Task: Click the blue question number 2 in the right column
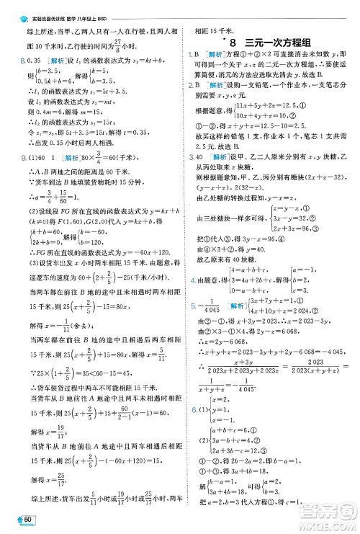pos(187,84)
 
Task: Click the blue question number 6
pos(187,409)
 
